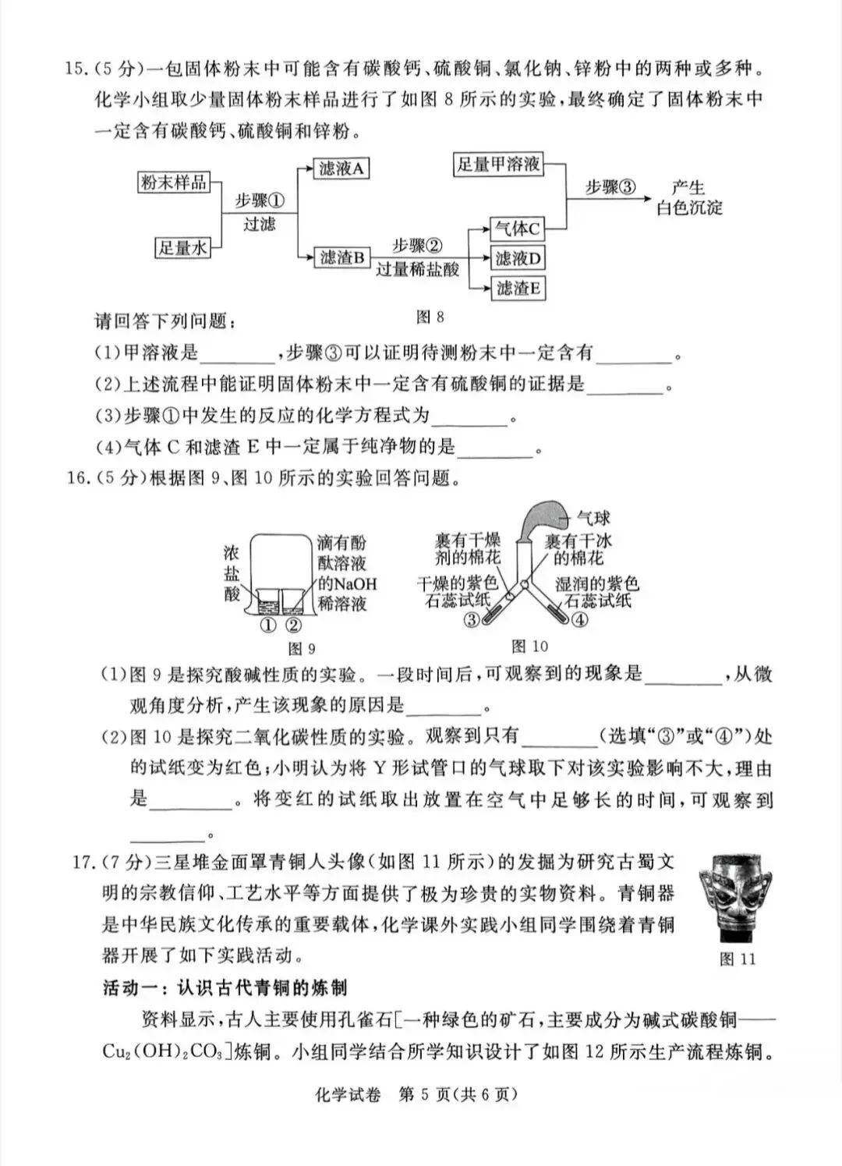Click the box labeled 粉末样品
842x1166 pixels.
click(173, 183)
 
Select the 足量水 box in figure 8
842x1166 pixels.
click(182, 248)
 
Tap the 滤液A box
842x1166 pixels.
click(341, 168)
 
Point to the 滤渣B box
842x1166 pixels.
click(341, 257)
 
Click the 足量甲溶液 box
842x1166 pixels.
click(498, 164)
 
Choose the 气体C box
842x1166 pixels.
click(517, 229)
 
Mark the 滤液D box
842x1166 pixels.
click(517, 258)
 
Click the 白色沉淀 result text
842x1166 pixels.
click(689, 208)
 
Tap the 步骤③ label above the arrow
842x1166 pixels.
click(610, 187)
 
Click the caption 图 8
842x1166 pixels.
click(430, 317)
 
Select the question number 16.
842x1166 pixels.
click(79, 478)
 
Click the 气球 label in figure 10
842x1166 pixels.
click(593, 519)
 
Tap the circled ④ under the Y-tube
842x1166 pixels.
click(579, 620)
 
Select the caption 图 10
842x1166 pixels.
click(529, 646)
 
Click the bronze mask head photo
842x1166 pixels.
click(738, 897)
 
